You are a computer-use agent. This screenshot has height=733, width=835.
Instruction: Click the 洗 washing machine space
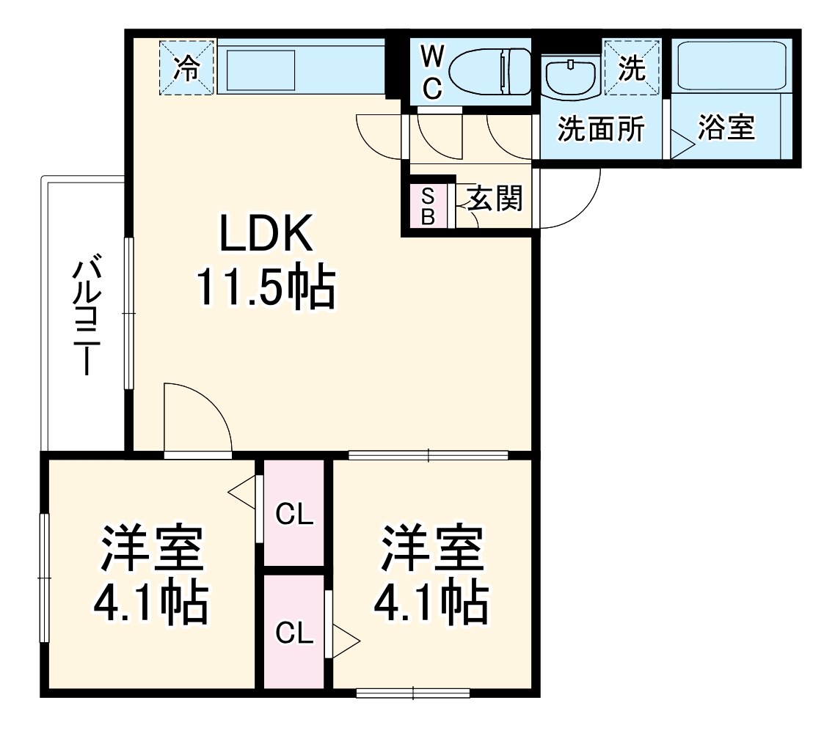click(632, 68)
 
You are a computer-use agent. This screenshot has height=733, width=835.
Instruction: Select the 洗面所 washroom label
click(601, 130)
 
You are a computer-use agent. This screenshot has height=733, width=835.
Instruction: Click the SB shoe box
click(428, 206)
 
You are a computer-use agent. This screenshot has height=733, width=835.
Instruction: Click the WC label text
click(432, 71)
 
